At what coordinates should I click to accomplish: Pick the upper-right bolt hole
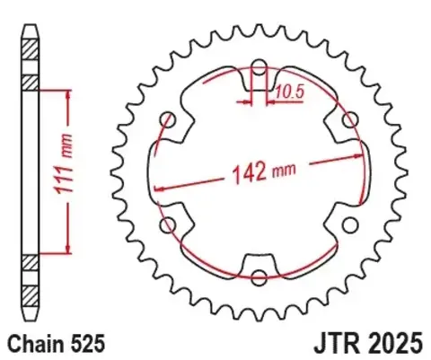pyautogui.click(x=350, y=119)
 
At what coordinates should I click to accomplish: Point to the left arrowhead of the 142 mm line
pyautogui.click(x=159, y=189)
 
